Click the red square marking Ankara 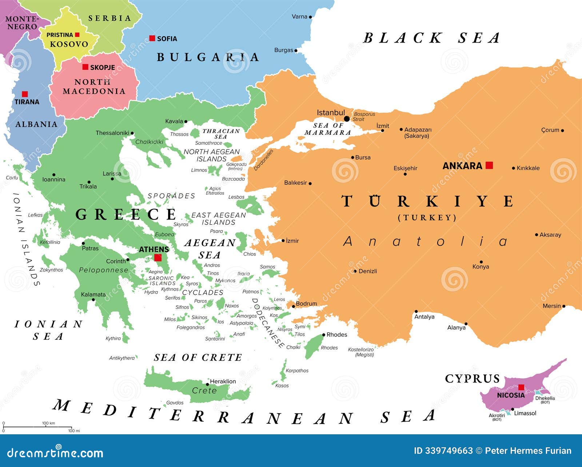(x=489, y=165)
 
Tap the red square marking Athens (x=158, y=258)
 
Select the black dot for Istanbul (x=347, y=119)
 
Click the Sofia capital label (x=167, y=39)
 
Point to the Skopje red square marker (x=85, y=67)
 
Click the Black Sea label (x=431, y=38)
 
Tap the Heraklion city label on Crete (x=223, y=381)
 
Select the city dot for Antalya (x=416, y=311)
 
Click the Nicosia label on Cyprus (x=511, y=395)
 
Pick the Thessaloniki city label (x=112, y=133)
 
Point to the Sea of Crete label (x=198, y=358)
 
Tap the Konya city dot (x=481, y=262)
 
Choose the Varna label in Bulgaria (x=299, y=17)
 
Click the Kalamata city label (x=93, y=294)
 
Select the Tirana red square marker (x=25, y=94)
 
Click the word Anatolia (x=426, y=241)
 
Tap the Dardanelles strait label (x=264, y=160)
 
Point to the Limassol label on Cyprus (x=525, y=413)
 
